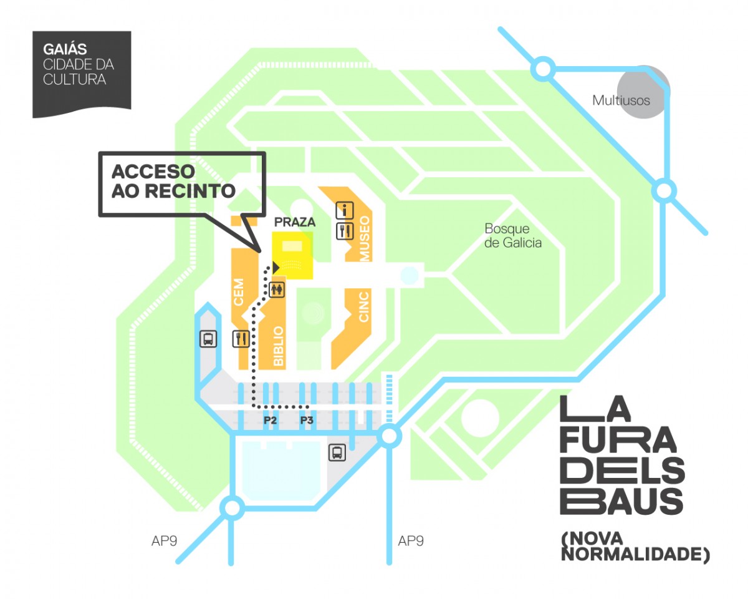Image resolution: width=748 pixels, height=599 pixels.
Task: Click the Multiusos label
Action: [x=621, y=100]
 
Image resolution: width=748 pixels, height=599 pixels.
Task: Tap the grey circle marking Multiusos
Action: [x=643, y=91]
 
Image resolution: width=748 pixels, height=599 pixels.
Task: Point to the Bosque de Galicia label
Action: [x=513, y=235]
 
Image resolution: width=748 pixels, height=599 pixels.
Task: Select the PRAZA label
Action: [x=294, y=222]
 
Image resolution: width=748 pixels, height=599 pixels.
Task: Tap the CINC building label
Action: [x=365, y=306]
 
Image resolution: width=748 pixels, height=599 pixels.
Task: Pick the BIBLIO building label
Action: [x=279, y=346]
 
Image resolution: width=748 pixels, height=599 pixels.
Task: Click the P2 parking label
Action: [x=270, y=420]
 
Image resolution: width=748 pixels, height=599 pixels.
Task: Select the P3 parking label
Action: [x=307, y=420]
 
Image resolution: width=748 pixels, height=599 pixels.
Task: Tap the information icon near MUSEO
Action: [x=345, y=210]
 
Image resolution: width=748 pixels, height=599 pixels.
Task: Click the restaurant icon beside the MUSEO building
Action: [x=345, y=231]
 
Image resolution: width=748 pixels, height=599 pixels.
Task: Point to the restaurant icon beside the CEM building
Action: [x=241, y=338]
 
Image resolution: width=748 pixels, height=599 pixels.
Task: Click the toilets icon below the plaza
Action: [x=277, y=288]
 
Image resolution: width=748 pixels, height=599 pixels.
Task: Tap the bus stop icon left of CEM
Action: [x=208, y=339]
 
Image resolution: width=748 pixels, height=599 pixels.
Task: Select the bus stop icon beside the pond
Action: [x=337, y=452]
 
